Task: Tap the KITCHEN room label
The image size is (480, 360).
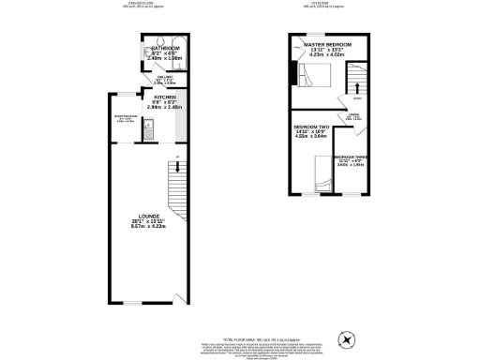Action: click(154, 96)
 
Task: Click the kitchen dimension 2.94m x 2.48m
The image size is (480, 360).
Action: click(154, 107)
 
